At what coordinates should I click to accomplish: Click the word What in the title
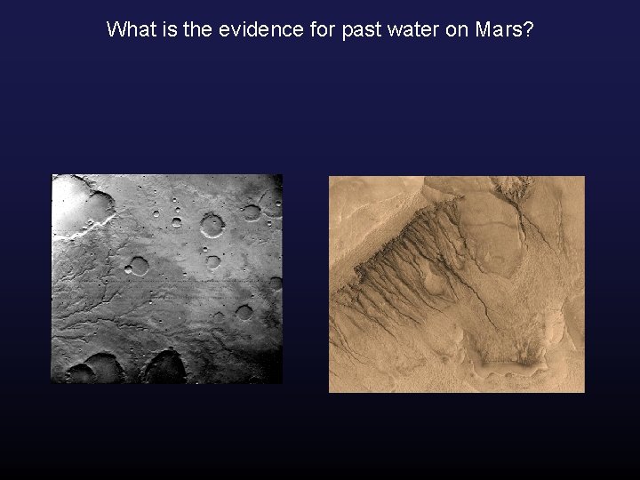pos(130,29)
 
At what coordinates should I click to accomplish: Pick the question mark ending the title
pos(528,29)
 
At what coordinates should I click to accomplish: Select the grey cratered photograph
pos(167,278)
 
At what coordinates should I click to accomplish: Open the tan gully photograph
pos(457,284)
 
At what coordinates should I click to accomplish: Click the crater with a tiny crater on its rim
pos(213,224)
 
